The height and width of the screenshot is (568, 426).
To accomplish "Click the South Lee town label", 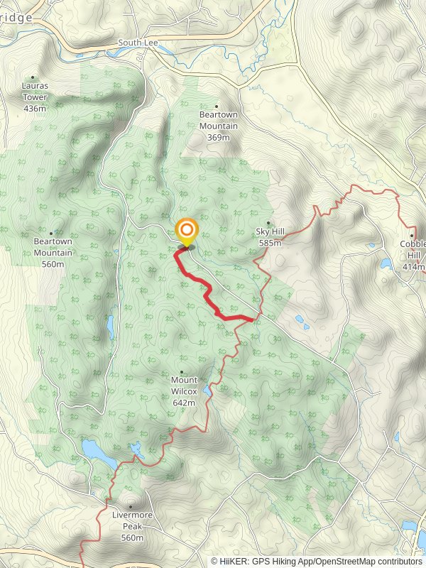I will coord(138,43).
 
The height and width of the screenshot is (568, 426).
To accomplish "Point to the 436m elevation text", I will coord(34,109).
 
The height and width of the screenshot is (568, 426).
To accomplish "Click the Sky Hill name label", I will coord(270,232).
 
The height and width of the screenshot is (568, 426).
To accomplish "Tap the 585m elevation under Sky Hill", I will coord(270,243).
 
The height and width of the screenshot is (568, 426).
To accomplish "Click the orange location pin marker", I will coord(186,231).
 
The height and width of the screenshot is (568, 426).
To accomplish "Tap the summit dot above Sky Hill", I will coord(268,222).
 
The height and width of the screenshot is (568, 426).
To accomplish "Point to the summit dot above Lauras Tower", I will coord(33,78).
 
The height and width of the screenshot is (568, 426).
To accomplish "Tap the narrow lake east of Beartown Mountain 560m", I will coord(110,327).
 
